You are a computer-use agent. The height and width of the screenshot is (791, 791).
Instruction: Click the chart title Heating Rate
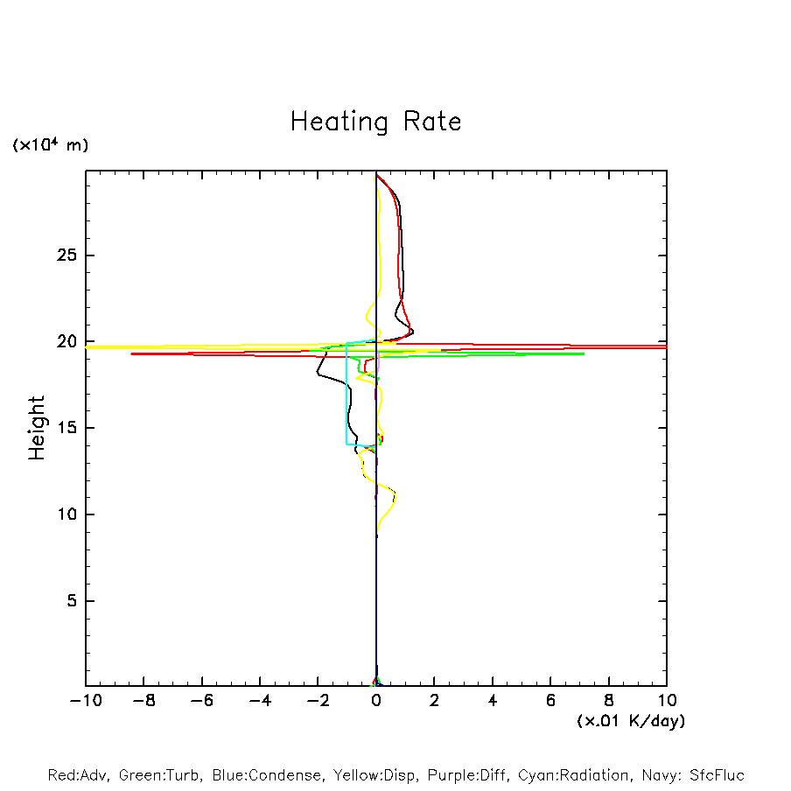[375, 122]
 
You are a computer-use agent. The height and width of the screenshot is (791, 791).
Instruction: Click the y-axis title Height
[37, 428]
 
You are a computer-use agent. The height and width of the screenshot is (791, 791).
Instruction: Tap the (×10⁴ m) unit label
[50, 145]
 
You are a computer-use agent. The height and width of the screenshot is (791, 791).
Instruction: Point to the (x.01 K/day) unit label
[630, 721]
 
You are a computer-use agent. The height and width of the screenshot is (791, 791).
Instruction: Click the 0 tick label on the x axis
[376, 701]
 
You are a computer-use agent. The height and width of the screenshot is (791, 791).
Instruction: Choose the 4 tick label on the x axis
[493, 701]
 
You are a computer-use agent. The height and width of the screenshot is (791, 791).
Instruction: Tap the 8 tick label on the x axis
[609, 701]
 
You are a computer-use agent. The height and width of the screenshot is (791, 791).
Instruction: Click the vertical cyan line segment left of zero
[346, 394]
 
